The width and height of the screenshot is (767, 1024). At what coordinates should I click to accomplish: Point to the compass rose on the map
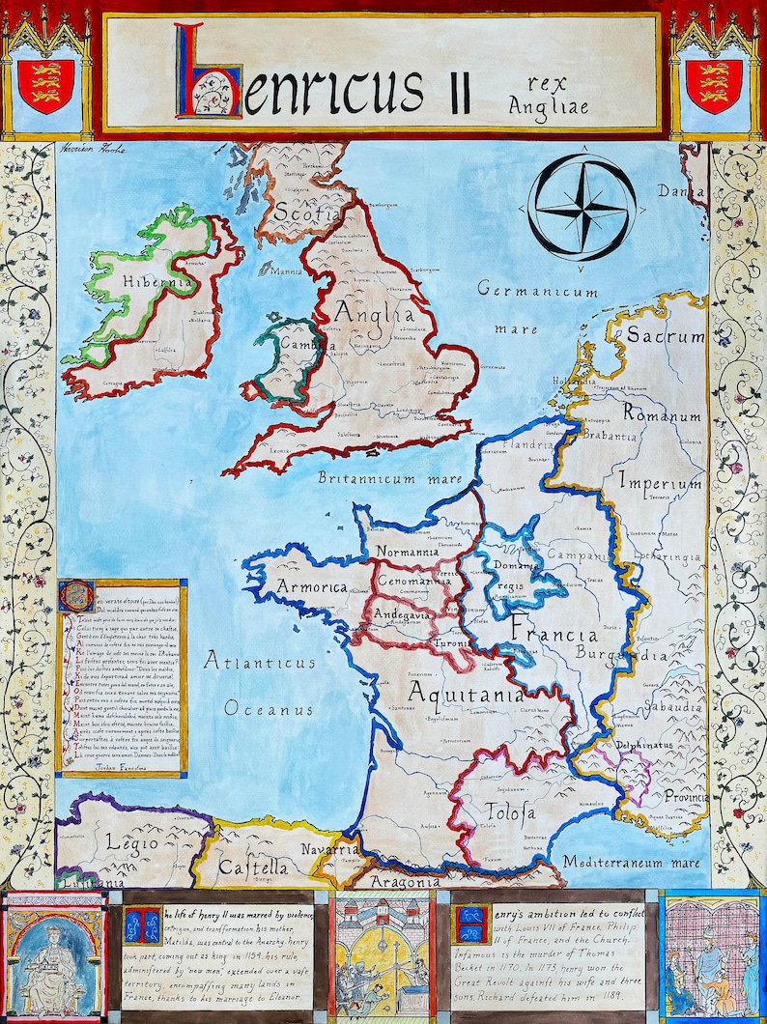tap(582, 208)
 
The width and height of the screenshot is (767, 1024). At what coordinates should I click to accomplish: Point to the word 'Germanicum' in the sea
tap(539, 290)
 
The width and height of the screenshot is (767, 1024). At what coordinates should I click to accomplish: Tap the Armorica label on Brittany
tap(311, 586)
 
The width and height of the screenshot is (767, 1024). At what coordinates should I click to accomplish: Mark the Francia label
tap(554, 635)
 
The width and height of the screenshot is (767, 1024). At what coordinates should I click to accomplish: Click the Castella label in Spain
tap(253, 868)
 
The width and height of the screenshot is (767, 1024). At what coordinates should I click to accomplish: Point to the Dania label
tap(681, 191)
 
